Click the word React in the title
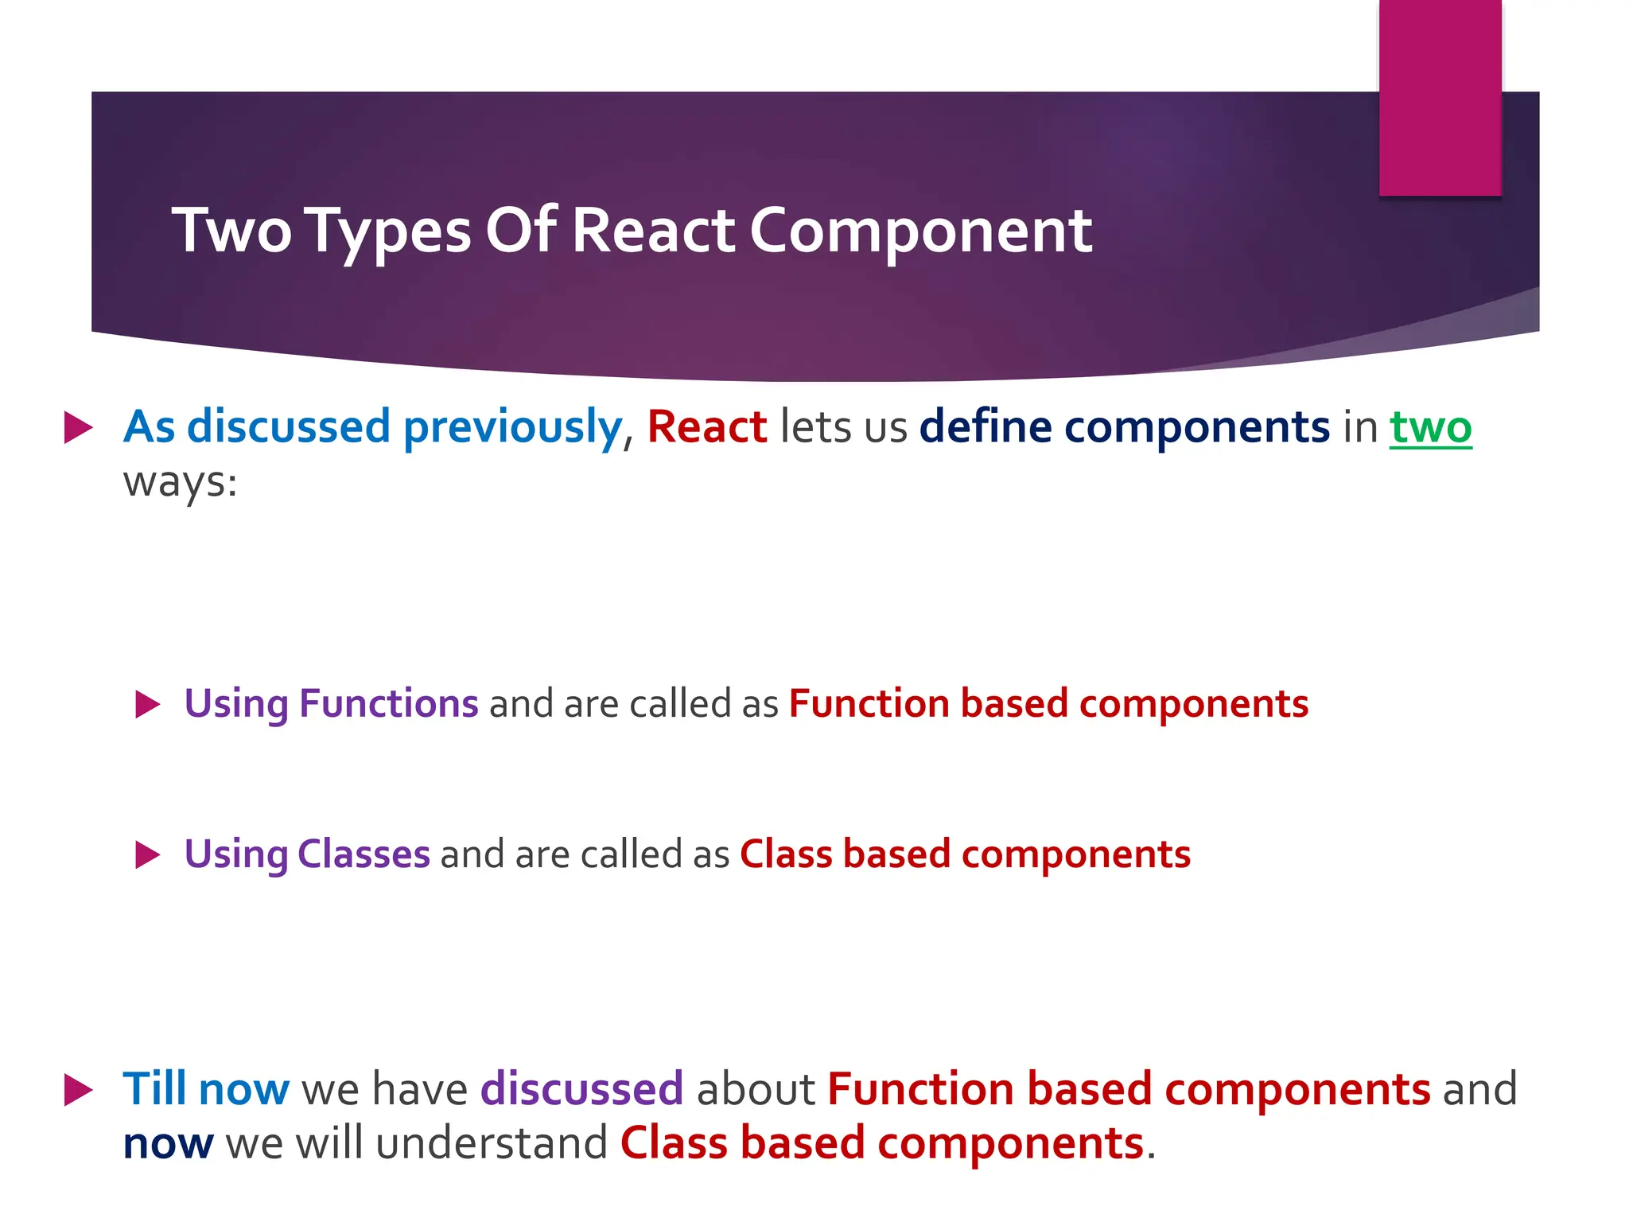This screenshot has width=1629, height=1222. (x=652, y=231)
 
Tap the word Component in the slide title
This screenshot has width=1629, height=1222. (x=920, y=232)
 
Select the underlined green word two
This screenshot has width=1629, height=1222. (x=1430, y=427)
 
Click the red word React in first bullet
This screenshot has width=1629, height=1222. (x=706, y=427)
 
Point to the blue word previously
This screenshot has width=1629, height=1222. (x=512, y=427)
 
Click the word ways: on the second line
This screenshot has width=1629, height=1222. (x=180, y=482)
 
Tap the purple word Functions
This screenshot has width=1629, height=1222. (x=388, y=704)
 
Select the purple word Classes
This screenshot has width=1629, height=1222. (x=364, y=854)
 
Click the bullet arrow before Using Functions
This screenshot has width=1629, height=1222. (x=148, y=704)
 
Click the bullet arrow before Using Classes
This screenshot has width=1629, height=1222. (x=148, y=854)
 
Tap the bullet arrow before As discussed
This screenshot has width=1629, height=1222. (x=78, y=427)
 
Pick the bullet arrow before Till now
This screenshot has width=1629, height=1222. (x=78, y=1089)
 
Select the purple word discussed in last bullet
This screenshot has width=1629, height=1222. (x=581, y=1089)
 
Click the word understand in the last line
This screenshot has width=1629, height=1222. (x=492, y=1144)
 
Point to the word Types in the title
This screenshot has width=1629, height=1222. (x=388, y=232)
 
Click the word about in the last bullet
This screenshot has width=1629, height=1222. (x=755, y=1089)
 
